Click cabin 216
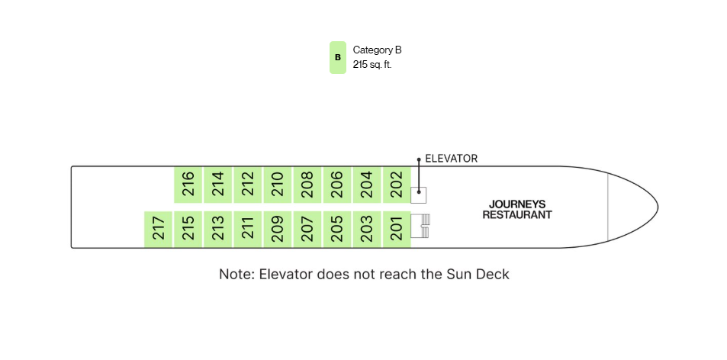pyautogui.click(x=188, y=185)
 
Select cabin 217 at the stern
pyautogui.click(x=159, y=230)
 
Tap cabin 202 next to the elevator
pyautogui.click(x=397, y=185)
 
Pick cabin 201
pyautogui.click(x=397, y=230)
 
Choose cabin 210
pyautogui.click(x=277, y=185)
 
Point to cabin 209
pyautogui.click(x=277, y=230)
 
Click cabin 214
pyautogui.click(x=218, y=185)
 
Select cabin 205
pyautogui.click(x=337, y=230)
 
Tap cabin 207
pyautogui.click(x=307, y=230)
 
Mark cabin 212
pyautogui.click(x=248, y=185)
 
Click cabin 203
pyautogui.click(x=367, y=230)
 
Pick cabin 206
pyautogui.click(x=337, y=185)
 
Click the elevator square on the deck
pyautogui.click(x=418, y=195)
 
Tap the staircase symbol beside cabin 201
pyautogui.click(x=420, y=226)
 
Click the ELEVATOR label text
pyautogui.click(x=451, y=159)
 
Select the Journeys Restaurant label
pyautogui.click(x=517, y=210)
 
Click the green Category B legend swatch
pyautogui.click(x=338, y=57)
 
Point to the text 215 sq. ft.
pyautogui.click(x=372, y=65)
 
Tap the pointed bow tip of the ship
pyautogui.click(x=658, y=206)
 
